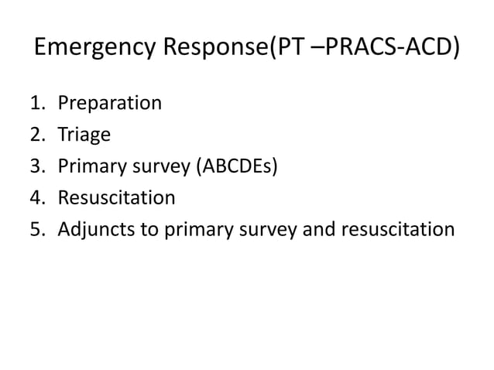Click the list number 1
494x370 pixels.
coord(36,103)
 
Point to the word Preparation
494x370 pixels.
coord(110,103)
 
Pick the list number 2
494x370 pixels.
coord(36,135)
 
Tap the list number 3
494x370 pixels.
coord(36,166)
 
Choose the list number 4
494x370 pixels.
coord(36,198)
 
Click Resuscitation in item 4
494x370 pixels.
coord(117,198)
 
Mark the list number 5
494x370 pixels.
coord(36,230)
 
